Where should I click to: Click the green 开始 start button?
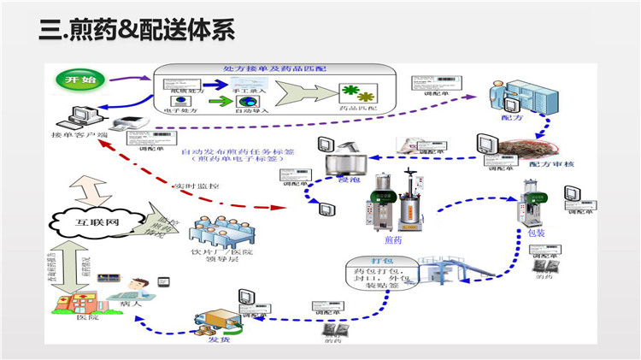pyautogui.click(x=74, y=80)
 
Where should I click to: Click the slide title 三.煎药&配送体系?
pyautogui.click(x=137, y=32)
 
